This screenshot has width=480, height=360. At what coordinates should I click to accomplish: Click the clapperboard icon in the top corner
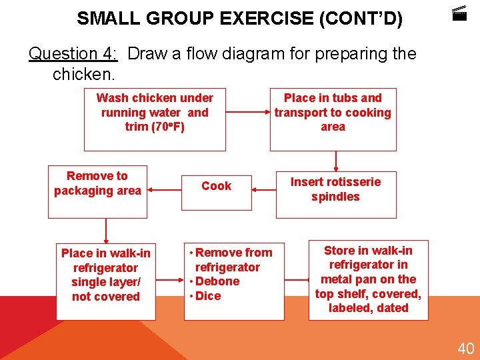coord(459,13)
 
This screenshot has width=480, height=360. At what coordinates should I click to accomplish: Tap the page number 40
coord(465,348)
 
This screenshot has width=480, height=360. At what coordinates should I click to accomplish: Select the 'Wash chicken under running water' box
coord(154,119)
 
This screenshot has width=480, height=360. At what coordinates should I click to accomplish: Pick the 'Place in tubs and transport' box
coord(333,119)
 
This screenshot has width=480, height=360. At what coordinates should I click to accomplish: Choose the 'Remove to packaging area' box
coord(97,193)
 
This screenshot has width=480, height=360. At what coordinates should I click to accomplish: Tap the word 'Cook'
coord(217,186)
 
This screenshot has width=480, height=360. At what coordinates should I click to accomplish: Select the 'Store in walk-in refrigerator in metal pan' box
coord(368,280)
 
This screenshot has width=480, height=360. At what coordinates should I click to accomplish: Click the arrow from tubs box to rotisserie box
coord(336,160)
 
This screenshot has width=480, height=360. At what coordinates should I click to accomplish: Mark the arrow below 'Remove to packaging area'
coord(105,229)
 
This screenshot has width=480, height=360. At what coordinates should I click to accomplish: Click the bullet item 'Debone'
coord(217,281)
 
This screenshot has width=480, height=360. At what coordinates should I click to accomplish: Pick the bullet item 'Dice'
coord(208,296)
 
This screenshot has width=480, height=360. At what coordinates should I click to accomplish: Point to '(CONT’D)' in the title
coord(361,18)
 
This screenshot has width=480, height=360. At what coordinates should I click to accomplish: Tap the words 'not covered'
coord(106,297)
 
